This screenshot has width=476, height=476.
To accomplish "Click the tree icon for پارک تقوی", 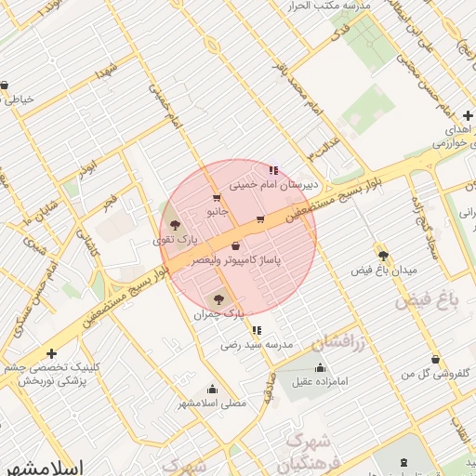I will pos(174,225).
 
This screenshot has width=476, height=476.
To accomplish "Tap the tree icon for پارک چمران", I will pos(218,299).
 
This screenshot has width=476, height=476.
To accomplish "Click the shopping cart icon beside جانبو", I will pos(217,198).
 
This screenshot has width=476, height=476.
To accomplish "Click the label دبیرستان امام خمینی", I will pos(274,185).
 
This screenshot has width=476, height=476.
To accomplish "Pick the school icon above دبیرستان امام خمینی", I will pos(273,170).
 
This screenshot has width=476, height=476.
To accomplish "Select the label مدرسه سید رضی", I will pos(257,344).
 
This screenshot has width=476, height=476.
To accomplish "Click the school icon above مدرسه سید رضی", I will pos(257,329).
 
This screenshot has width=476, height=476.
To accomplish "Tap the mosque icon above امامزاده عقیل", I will pos(321,367).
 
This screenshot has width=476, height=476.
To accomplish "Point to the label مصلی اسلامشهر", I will pos(213,404).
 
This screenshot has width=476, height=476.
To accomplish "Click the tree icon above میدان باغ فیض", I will pos(382,255).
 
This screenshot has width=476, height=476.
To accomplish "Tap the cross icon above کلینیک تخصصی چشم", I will pos(51,353).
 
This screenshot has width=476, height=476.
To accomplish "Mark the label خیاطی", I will pos(20,99).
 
